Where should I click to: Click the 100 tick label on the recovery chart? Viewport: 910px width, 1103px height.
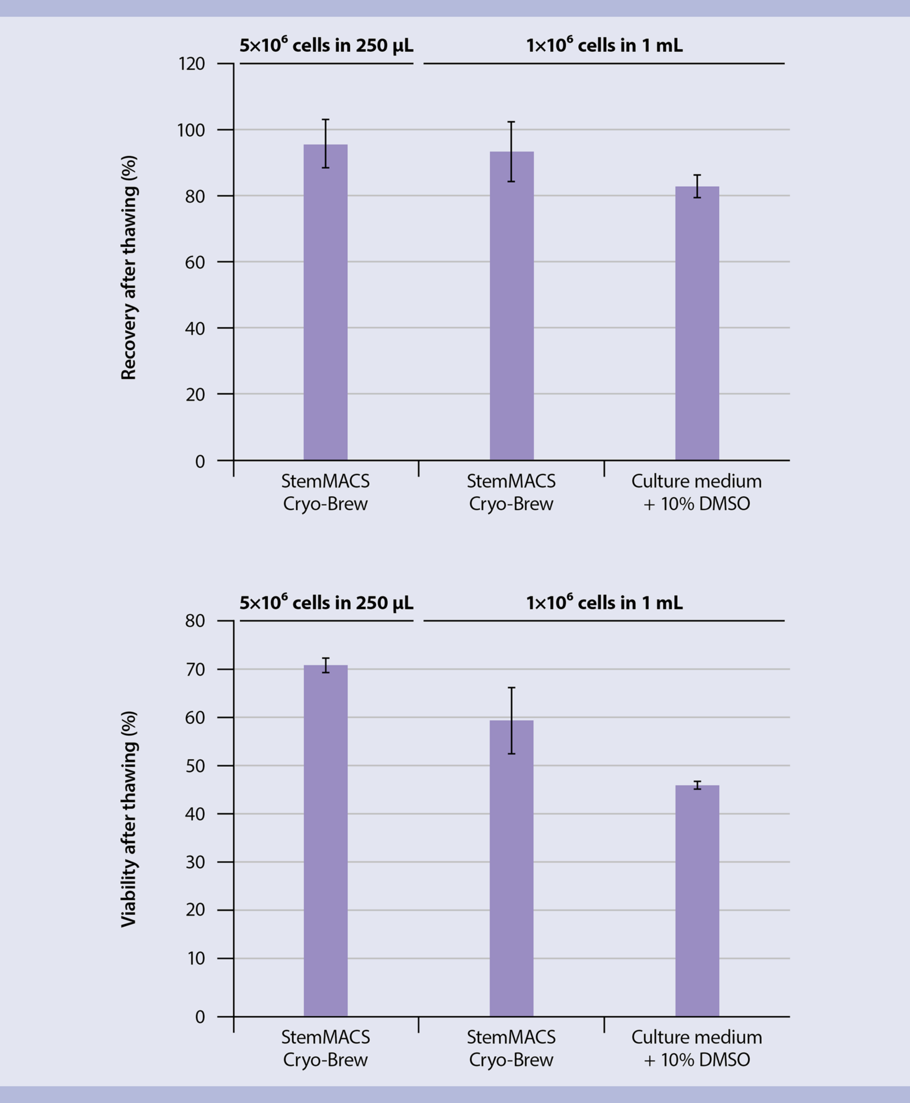pyautogui.click(x=191, y=130)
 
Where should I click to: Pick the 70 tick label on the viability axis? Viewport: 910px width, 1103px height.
pyautogui.click(x=194, y=670)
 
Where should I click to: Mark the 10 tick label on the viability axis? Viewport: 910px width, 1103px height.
pyautogui.click(x=194, y=959)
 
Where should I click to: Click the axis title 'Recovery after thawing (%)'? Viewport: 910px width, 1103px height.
pyautogui.click(x=129, y=267)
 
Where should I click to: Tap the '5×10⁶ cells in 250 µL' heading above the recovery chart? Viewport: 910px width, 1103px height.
pyautogui.click(x=326, y=46)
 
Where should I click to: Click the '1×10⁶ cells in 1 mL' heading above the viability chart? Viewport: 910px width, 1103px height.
pyautogui.click(x=604, y=603)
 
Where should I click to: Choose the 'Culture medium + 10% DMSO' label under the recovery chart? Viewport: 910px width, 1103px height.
pyautogui.click(x=696, y=493)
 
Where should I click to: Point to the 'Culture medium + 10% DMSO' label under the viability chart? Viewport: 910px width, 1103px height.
pyautogui.click(x=696, y=1048)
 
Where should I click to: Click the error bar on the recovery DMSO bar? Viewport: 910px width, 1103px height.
pyautogui.click(x=697, y=186)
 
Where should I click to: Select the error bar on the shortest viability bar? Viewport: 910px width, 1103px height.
pyautogui.click(x=697, y=785)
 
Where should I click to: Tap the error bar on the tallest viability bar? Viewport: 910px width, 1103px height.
pyautogui.click(x=326, y=665)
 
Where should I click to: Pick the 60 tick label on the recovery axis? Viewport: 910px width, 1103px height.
pyautogui.click(x=194, y=262)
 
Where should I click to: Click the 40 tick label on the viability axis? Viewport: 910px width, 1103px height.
pyautogui.click(x=194, y=814)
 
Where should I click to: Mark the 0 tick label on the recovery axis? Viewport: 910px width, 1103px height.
pyautogui.click(x=200, y=461)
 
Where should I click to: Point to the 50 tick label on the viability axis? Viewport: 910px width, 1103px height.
pyautogui.click(x=194, y=766)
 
